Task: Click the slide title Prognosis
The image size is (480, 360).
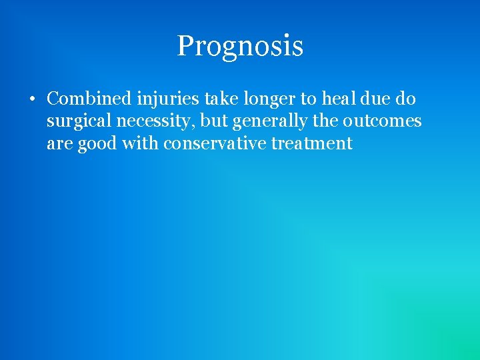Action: point(240,46)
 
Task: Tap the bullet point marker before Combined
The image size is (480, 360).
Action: point(31,100)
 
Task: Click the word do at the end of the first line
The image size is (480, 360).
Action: point(407,99)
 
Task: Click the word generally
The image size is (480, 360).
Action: point(268,122)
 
